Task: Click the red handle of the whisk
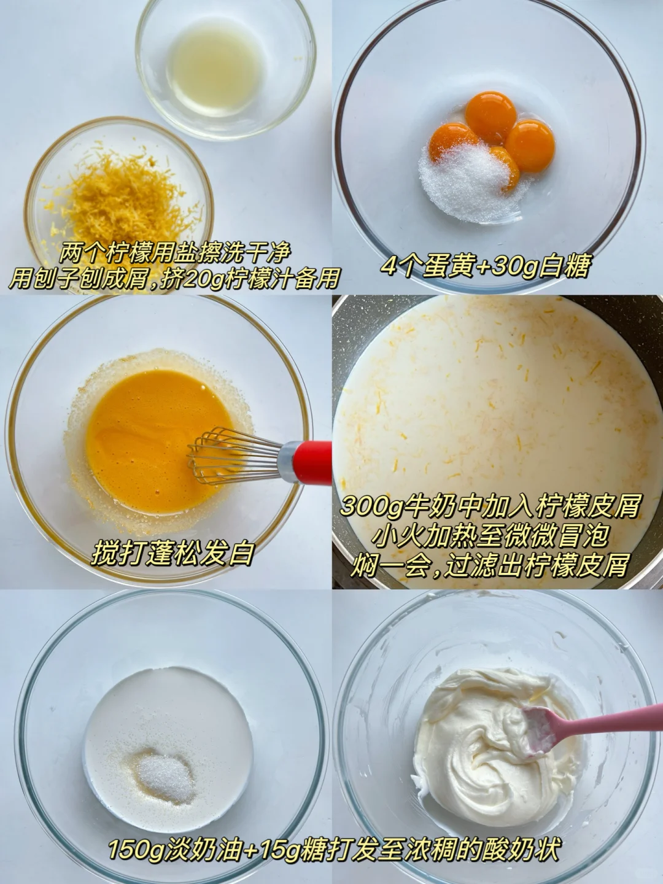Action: click(312, 462)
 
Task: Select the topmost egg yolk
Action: click(490, 112)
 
